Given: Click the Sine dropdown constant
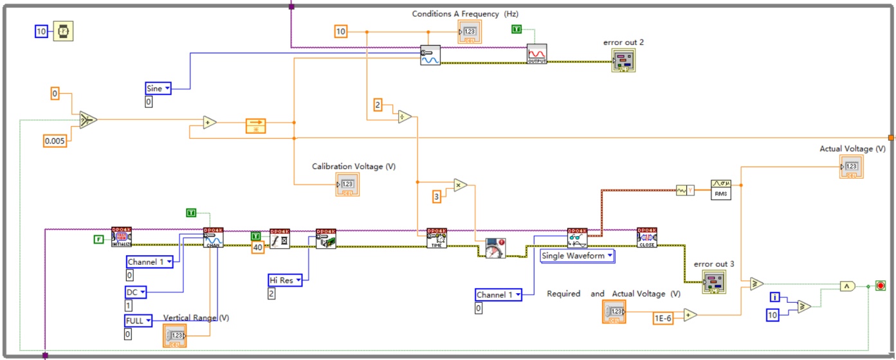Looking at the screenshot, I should (x=158, y=88).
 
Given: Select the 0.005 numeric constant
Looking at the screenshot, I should (x=55, y=141).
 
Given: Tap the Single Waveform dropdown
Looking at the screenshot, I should (x=577, y=255).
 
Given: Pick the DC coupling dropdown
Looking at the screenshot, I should (x=135, y=292).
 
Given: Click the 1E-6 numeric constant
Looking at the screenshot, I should (x=663, y=317).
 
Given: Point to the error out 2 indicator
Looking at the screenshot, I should (x=628, y=60).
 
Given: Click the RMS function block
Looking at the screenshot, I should (x=721, y=189).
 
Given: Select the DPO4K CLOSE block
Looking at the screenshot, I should (x=646, y=238).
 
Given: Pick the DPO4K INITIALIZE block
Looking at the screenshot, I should (x=122, y=237).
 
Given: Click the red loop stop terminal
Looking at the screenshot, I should (x=880, y=285).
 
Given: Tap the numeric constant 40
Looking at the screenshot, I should (x=257, y=248).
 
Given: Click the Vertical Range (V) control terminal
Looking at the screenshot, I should (x=175, y=336).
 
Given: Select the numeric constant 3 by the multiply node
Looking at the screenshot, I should (x=437, y=197).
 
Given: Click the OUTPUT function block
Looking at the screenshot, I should (x=536, y=55).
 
